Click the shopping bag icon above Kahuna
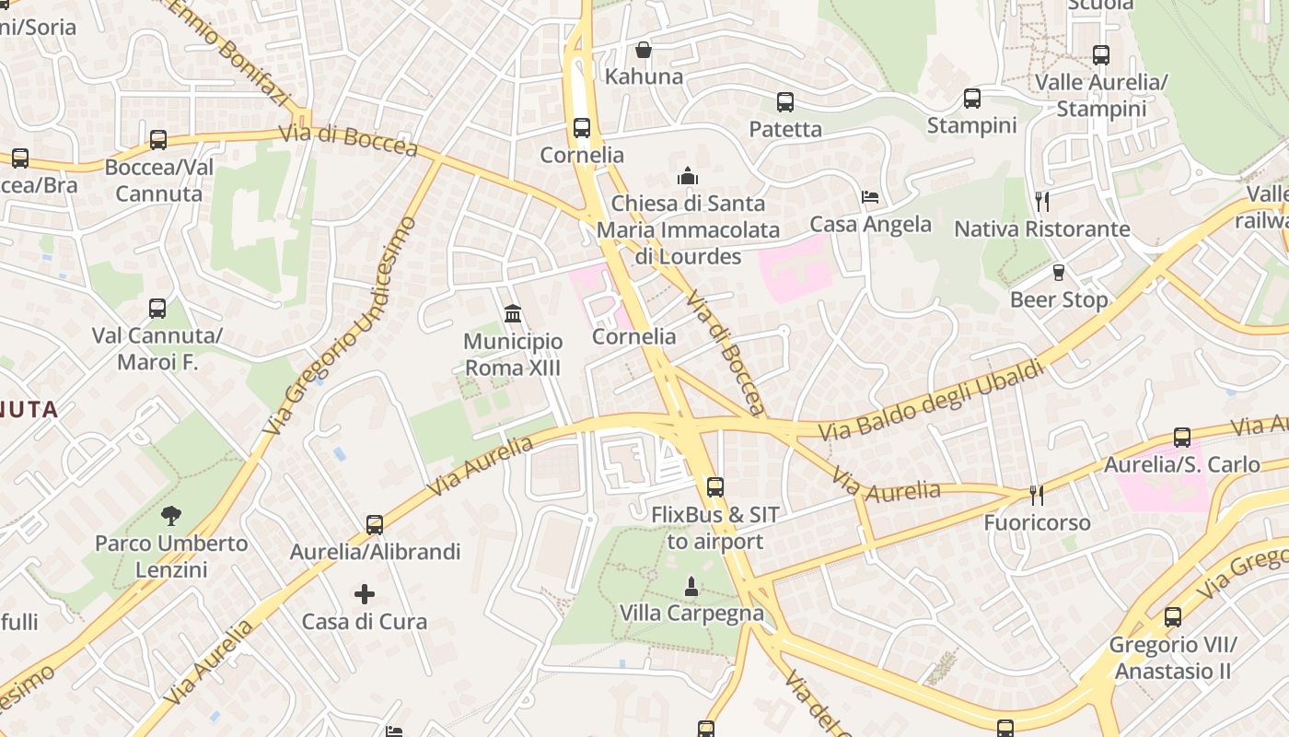[x=644, y=50]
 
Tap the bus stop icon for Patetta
[x=784, y=102]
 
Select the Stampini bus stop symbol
[x=971, y=99]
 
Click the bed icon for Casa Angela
[x=870, y=197]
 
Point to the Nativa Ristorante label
[x=1041, y=228]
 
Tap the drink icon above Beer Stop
[x=1059, y=273]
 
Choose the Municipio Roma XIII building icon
[x=513, y=315]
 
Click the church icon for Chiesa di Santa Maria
[x=688, y=176]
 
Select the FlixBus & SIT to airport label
[x=715, y=528]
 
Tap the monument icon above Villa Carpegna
[x=691, y=586]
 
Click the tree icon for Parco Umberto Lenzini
[x=171, y=516]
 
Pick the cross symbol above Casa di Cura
[x=365, y=594]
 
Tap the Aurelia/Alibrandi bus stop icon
[x=374, y=525]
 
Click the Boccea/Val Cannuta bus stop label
[x=158, y=181]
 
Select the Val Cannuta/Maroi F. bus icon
[x=157, y=309]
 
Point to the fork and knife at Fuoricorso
[x=1037, y=496]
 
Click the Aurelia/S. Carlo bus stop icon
[x=1181, y=438]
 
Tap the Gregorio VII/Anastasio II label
[x=1172, y=658]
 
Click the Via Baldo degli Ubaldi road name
[x=932, y=401]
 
